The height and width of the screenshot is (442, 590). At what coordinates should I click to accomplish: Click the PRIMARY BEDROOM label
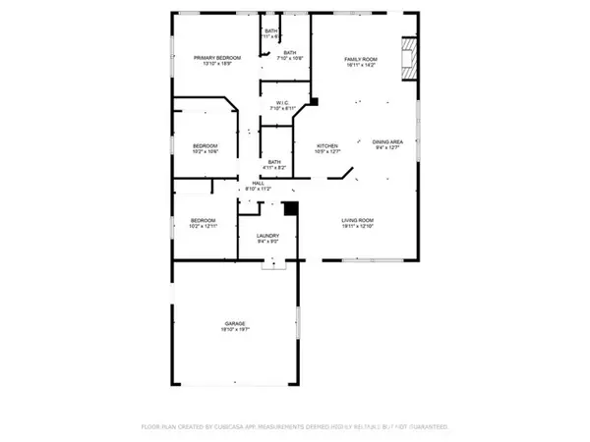(211, 59)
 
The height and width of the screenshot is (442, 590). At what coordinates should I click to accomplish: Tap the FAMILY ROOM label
(360, 59)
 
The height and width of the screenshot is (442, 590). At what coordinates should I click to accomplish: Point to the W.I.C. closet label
(281, 101)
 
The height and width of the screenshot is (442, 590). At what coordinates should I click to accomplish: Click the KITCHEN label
(326, 144)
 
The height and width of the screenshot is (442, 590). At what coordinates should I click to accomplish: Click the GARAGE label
(234, 323)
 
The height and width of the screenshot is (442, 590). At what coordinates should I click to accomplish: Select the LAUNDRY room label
(267, 236)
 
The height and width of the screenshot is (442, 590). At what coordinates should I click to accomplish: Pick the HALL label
(258, 183)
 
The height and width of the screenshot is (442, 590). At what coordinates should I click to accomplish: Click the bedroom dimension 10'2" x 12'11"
(204, 227)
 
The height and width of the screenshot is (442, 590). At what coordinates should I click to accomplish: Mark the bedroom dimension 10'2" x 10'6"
(204, 152)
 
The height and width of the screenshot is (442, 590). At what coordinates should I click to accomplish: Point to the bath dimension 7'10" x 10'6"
(290, 59)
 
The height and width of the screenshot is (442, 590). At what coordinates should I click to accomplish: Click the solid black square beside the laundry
(290, 208)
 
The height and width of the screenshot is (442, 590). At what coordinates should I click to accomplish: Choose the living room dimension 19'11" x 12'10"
(360, 227)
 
